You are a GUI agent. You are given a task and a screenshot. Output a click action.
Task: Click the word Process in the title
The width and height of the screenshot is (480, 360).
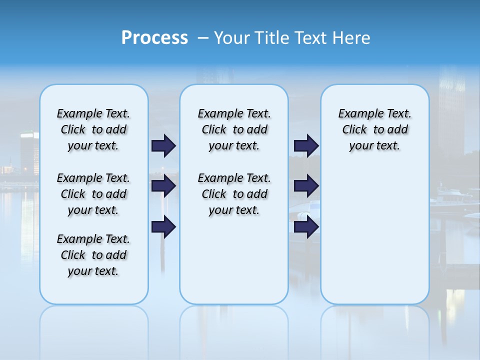(x=154, y=38)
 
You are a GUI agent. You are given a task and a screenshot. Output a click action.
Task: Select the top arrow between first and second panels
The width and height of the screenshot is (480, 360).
(x=163, y=145)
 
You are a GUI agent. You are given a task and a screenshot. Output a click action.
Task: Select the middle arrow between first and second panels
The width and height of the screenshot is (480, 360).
(x=163, y=186)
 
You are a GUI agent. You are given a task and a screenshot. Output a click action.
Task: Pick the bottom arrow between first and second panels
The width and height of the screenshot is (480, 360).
(x=163, y=227)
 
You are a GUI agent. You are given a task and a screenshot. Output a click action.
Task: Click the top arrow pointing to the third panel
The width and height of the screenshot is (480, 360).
(x=306, y=145)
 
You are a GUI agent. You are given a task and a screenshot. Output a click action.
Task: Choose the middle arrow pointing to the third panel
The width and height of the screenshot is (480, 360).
(x=306, y=186)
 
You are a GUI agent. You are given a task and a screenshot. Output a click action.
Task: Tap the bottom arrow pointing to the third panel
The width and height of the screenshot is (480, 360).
(x=306, y=227)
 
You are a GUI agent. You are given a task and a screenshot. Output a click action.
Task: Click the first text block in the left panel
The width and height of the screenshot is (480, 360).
(x=93, y=129)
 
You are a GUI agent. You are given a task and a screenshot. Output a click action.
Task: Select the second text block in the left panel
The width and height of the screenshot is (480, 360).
(x=93, y=194)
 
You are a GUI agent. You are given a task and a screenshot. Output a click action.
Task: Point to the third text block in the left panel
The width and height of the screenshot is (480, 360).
(x=93, y=255)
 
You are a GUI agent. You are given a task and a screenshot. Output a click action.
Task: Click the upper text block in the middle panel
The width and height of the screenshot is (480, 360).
(x=234, y=129)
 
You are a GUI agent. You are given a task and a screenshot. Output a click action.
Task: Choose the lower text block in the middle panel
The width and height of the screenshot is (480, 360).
(x=234, y=194)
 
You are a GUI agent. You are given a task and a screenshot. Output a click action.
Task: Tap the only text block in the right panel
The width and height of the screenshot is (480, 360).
(x=375, y=129)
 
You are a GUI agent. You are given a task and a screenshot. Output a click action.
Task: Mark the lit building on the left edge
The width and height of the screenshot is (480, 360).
(x=29, y=152)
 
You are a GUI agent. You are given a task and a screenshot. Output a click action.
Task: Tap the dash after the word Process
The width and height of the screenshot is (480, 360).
(x=203, y=38)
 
